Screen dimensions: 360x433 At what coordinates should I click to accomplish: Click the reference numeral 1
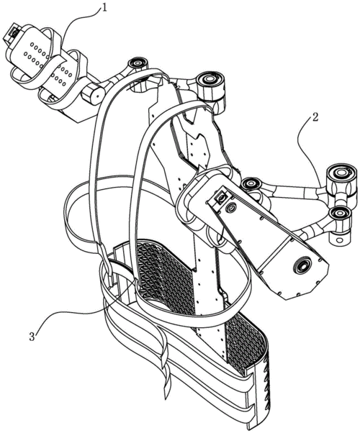tap(104, 8)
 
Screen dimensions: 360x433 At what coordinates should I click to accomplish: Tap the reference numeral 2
tap(315, 117)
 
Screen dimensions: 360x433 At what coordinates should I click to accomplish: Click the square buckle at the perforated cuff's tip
tap(12, 35)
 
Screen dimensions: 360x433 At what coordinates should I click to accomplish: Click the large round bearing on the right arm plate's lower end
tap(301, 265)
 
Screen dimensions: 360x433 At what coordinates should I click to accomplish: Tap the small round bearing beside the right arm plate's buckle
tap(230, 207)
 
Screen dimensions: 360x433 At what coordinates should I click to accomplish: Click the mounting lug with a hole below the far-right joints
tap(340, 238)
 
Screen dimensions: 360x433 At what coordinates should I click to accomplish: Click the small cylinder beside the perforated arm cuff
tap(93, 94)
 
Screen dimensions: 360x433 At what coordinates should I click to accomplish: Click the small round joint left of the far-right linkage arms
tap(250, 184)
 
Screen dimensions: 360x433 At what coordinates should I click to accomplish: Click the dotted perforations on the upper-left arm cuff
tap(48, 61)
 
